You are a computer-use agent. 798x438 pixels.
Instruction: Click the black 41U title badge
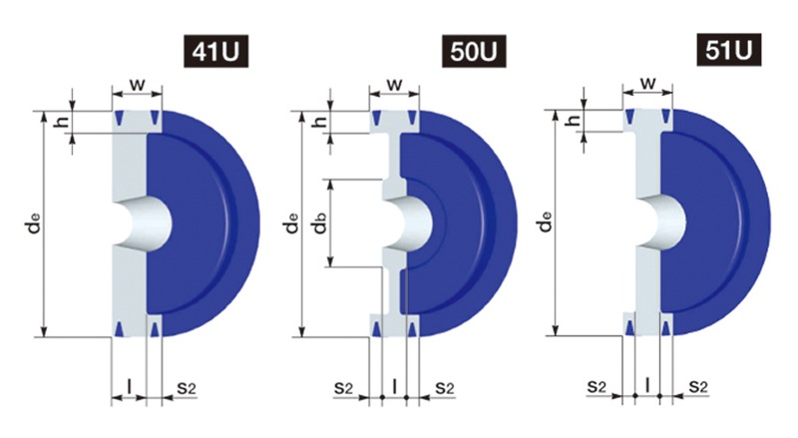point(215,52)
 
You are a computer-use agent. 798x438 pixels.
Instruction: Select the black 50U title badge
point(474,52)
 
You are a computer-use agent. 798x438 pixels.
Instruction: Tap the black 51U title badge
point(729,50)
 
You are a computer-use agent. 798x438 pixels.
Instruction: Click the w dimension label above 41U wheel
point(138,84)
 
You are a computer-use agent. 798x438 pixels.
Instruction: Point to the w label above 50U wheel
point(395,84)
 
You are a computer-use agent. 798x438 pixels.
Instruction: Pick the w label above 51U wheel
point(647,83)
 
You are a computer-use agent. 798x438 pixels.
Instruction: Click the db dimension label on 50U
point(319,222)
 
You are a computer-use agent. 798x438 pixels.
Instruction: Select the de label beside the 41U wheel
point(34,223)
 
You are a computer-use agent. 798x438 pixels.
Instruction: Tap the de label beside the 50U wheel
point(291,223)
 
